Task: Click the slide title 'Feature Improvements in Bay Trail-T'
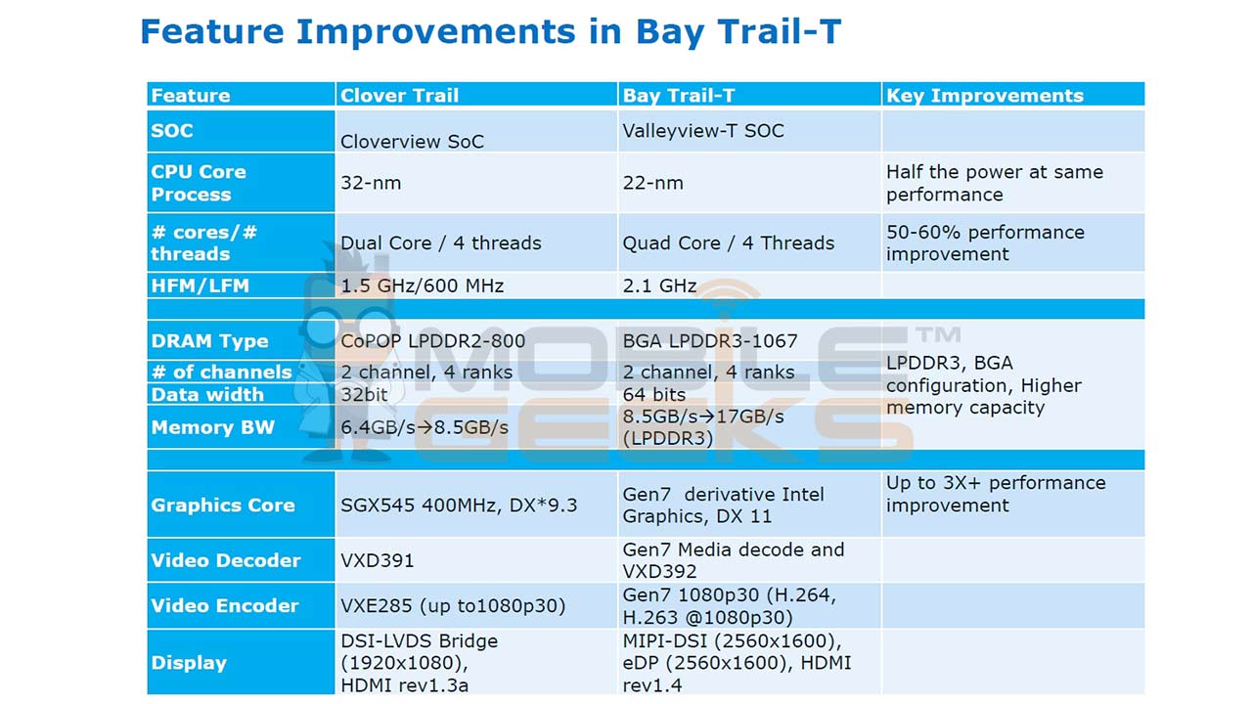click(x=490, y=31)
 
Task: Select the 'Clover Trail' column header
click(x=399, y=95)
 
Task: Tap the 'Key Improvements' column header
click(x=984, y=95)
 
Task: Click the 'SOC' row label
click(x=172, y=131)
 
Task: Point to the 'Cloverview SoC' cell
click(x=412, y=141)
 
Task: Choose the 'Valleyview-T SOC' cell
click(x=703, y=131)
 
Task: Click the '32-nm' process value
click(x=371, y=183)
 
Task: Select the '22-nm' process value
click(x=652, y=183)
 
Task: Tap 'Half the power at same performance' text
click(x=994, y=183)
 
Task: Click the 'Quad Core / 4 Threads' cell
click(x=728, y=242)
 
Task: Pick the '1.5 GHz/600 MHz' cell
click(x=422, y=286)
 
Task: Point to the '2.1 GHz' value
click(x=659, y=286)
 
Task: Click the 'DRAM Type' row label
click(x=209, y=341)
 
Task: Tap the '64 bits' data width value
click(x=654, y=394)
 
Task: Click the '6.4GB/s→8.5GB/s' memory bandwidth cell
click(x=424, y=427)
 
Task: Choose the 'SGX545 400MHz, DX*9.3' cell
click(x=459, y=505)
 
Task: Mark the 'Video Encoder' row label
click(x=225, y=605)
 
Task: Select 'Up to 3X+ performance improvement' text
click(x=995, y=494)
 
